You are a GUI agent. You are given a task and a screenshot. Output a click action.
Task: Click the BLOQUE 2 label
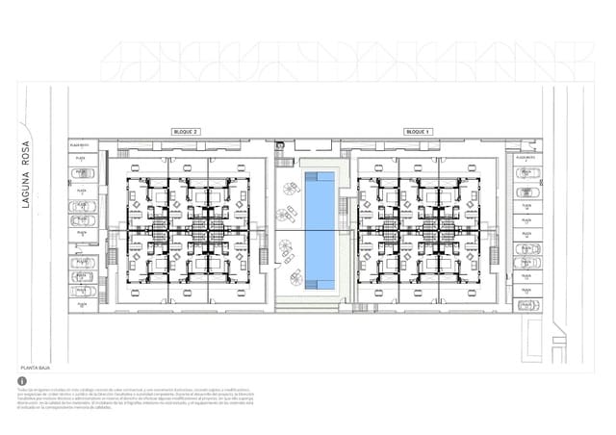186,131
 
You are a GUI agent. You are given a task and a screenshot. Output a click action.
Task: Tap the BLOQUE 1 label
418,131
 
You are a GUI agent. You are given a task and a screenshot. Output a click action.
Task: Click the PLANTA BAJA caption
36,368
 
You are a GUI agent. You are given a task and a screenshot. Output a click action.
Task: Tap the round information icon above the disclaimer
23,381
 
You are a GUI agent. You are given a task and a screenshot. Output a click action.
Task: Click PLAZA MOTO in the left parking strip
80,144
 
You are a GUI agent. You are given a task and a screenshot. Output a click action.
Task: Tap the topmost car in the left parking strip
82,173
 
